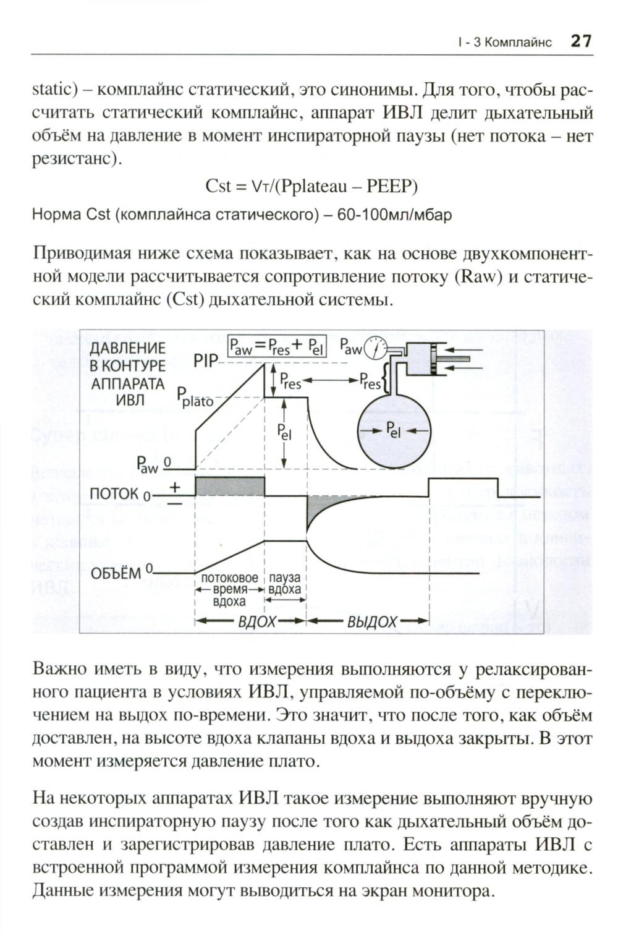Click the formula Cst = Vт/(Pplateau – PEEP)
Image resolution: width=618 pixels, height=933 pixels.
click(x=311, y=185)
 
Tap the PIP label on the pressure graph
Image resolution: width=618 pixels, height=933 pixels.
click(x=206, y=361)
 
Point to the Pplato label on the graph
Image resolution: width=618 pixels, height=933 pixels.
click(x=195, y=397)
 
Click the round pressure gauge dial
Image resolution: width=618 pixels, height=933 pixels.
click(x=375, y=350)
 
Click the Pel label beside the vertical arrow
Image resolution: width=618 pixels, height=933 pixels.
click(x=284, y=432)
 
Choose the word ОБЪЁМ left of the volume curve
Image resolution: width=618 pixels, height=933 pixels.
click(x=116, y=573)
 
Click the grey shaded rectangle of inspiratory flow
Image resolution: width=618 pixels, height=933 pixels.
click(x=230, y=486)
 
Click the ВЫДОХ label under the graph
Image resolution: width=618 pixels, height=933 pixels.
click(x=371, y=621)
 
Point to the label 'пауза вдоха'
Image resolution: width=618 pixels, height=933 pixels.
click(x=285, y=583)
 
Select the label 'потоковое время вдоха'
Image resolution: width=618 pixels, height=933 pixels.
click(x=229, y=589)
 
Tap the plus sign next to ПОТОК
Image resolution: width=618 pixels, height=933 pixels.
click(x=175, y=487)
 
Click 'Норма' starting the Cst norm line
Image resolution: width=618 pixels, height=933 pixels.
click(x=56, y=215)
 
